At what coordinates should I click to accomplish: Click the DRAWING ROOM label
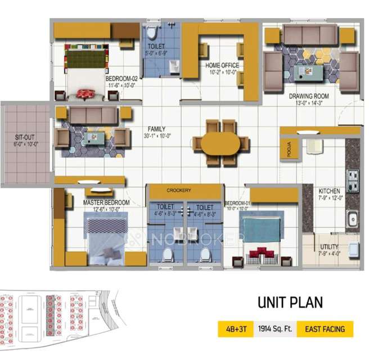(x=309, y=96)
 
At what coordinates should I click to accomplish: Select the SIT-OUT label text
(x=26, y=136)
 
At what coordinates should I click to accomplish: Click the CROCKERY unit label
(x=179, y=191)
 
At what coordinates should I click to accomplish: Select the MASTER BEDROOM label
(x=106, y=202)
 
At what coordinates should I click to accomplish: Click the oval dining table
(x=217, y=143)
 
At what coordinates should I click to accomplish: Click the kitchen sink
(x=353, y=218)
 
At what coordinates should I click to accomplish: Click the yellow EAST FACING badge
(x=325, y=328)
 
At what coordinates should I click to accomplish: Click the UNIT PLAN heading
(x=290, y=302)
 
